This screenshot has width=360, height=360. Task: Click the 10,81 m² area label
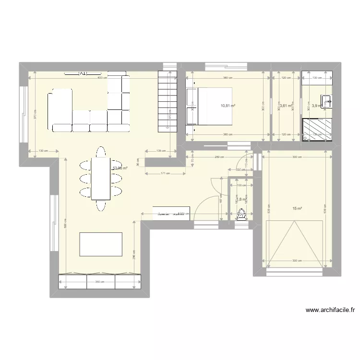228,106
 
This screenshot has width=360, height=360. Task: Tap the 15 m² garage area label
298,208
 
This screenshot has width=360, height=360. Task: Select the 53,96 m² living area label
120,168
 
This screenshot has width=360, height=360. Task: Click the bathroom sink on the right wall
327,101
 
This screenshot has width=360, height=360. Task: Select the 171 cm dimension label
165,173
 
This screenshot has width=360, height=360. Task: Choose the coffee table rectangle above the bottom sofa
101,244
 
